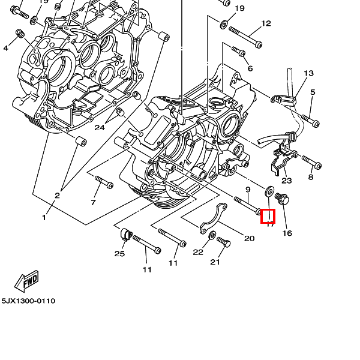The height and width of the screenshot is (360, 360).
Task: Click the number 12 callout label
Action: pyautogui.click(x=266, y=24)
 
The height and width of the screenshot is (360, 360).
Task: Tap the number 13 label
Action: pyautogui.click(x=308, y=74)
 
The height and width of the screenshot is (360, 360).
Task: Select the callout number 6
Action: pyautogui.click(x=250, y=68)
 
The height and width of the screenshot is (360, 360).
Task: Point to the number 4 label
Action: pyautogui.click(x=5, y=48)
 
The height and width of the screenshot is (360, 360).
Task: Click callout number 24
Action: pyautogui.click(x=100, y=127)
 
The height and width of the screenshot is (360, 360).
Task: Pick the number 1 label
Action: pyautogui.click(x=44, y=217)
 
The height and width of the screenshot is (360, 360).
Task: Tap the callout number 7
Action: pyautogui.click(x=93, y=202)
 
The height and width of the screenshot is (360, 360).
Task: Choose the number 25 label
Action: pyautogui.click(x=119, y=254)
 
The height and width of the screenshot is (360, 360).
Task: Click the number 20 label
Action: pyautogui.click(x=249, y=238)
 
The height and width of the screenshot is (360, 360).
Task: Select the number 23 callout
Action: pyautogui.click(x=286, y=180)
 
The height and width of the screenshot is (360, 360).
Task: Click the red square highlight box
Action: pyautogui.click(x=268, y=216)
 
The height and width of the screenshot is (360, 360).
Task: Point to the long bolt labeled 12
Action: pyautogui.click(x=246, y=37)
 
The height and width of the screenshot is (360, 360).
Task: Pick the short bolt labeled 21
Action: pyautogui.click(x=224, y=242)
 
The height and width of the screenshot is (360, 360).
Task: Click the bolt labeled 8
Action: pyautogui.click(x=311, y=161)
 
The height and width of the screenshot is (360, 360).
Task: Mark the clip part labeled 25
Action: pyautogui.click(x=125, y=234)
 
